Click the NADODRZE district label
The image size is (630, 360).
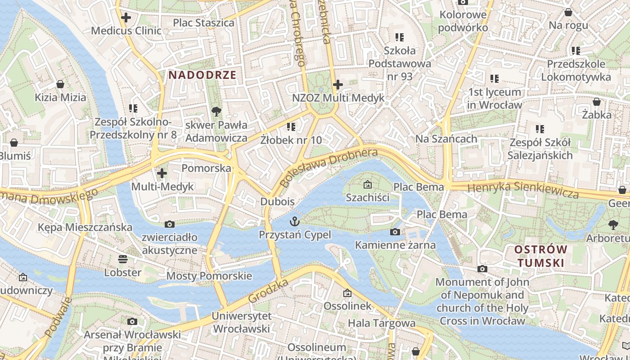(202, 75)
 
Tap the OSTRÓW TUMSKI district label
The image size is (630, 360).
(540, 256)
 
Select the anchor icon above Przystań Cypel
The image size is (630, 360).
(294, 221)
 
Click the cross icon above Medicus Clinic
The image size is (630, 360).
(126, 18)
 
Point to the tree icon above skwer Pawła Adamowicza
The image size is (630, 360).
(216, 111)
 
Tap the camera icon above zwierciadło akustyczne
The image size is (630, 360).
(170, 224)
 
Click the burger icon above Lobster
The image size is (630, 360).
(122, 259)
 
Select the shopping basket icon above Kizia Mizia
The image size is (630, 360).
(60, 84)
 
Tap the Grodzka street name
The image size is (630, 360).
(268, 291)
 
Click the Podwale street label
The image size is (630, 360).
(58, 317)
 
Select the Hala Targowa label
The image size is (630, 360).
(382, 323)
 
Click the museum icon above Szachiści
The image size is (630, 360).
(368, 184)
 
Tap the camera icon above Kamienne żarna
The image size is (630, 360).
(395, 232)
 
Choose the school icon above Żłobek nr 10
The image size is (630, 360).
(291, 127)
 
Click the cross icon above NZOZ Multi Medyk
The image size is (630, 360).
(338, 85)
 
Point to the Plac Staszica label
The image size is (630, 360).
(204, 22)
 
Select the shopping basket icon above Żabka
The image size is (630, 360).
(597, 102)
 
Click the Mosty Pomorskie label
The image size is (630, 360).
(209, 276)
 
